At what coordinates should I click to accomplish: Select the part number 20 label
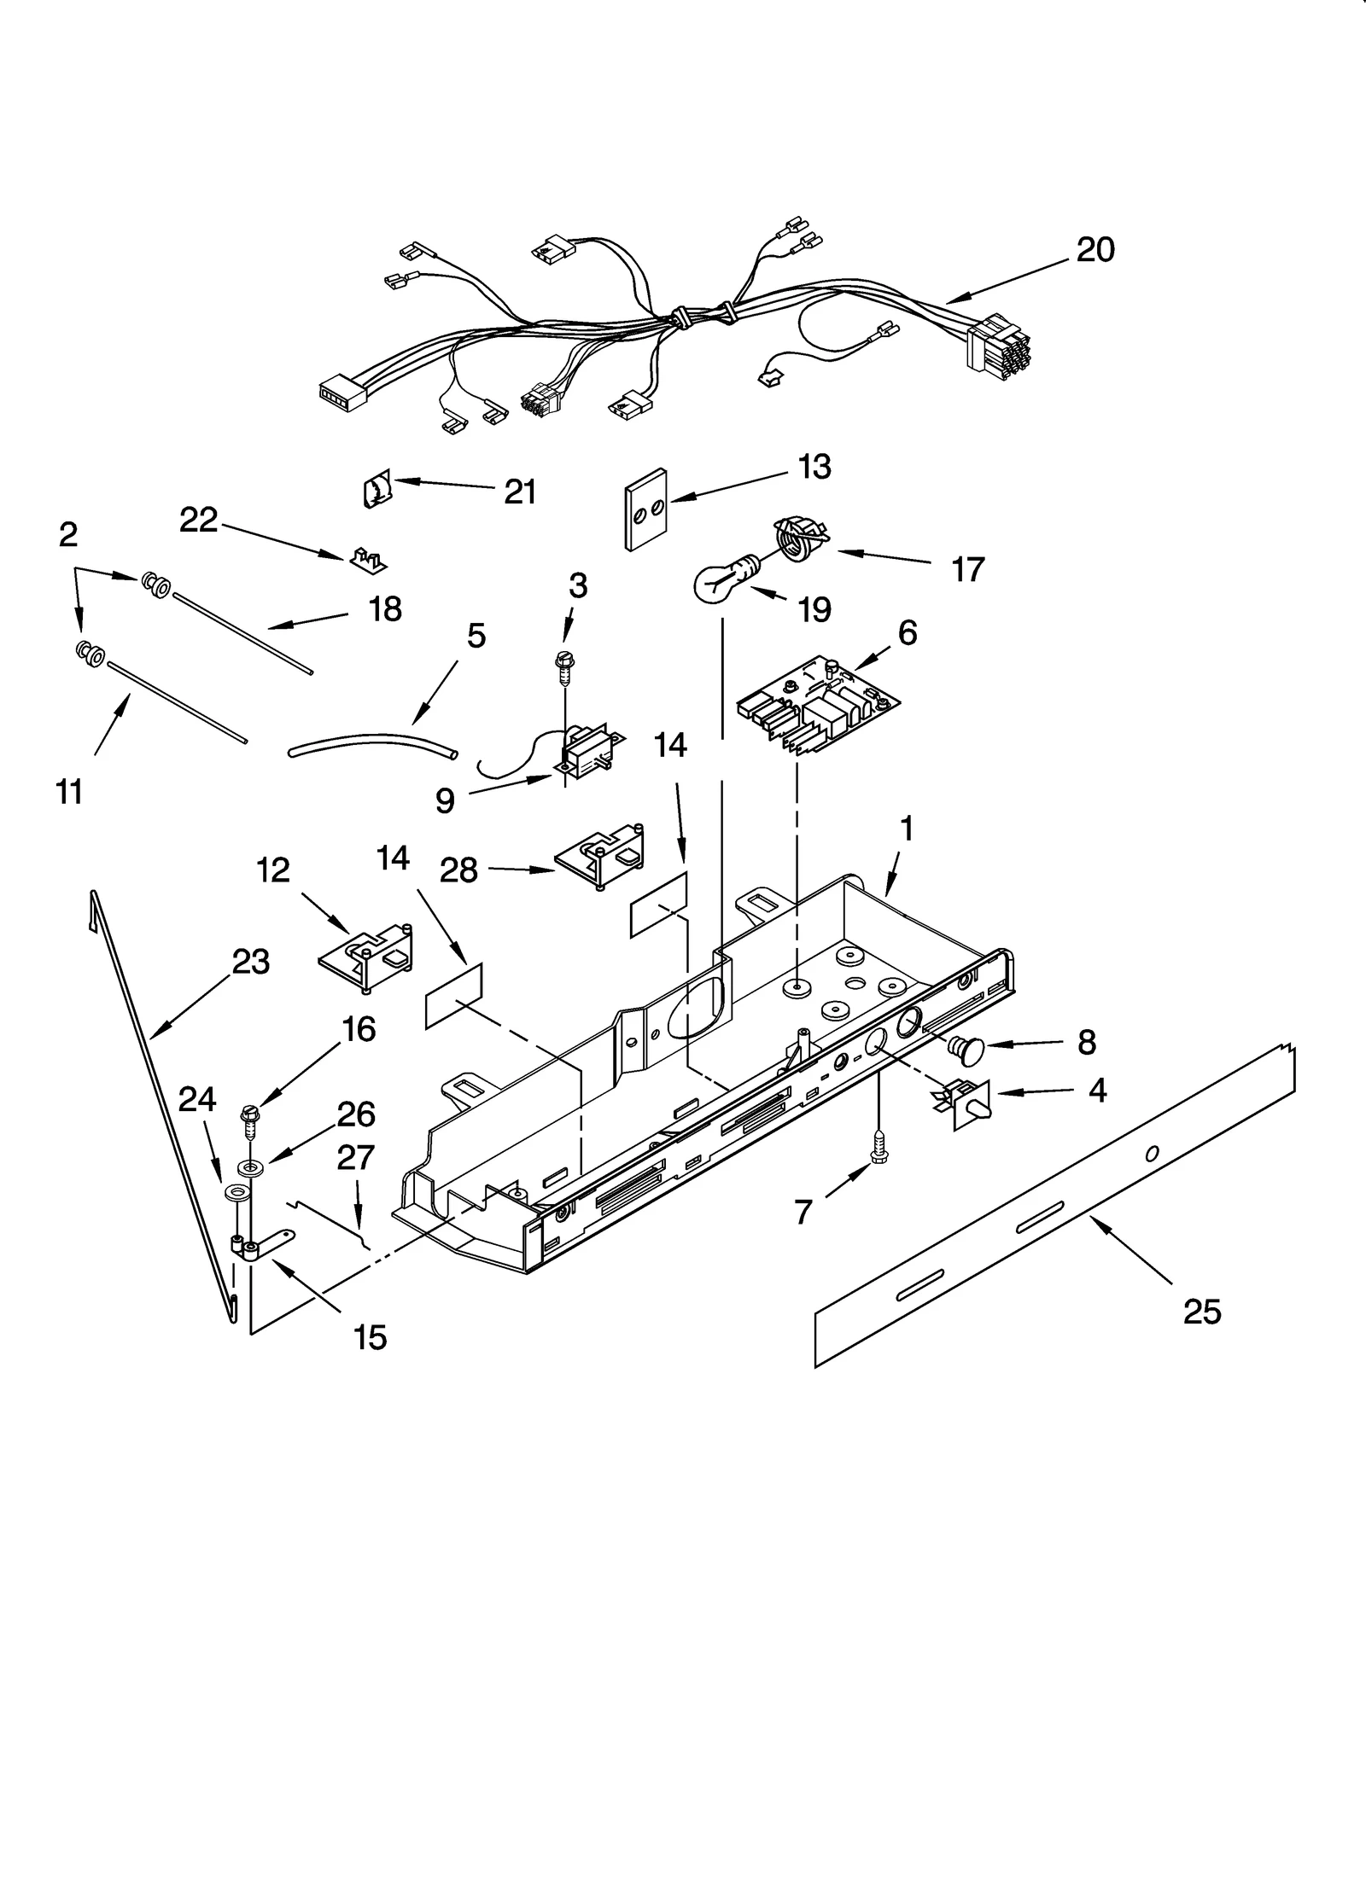click(x=1095, y=250)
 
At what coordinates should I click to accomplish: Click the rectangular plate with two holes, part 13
click(x=645, y=509)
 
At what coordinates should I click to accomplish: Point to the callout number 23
click(x=250, y=962)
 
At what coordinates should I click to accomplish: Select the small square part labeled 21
click(x=377, y=492)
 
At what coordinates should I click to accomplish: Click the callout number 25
click(x=1201, y=1311)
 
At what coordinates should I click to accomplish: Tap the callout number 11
click(x=69, y=792)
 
